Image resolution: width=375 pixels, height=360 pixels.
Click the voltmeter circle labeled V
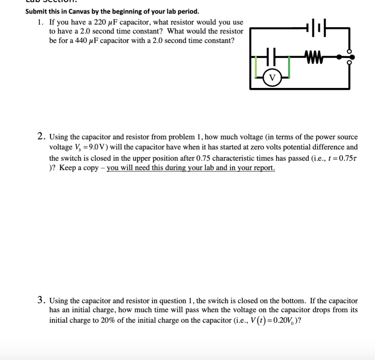tap(272, 77)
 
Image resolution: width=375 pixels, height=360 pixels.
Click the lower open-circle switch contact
tap(350, 63)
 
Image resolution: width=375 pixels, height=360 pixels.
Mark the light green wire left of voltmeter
tap(256, 66)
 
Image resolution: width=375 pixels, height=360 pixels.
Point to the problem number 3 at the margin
tap(42, 300)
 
